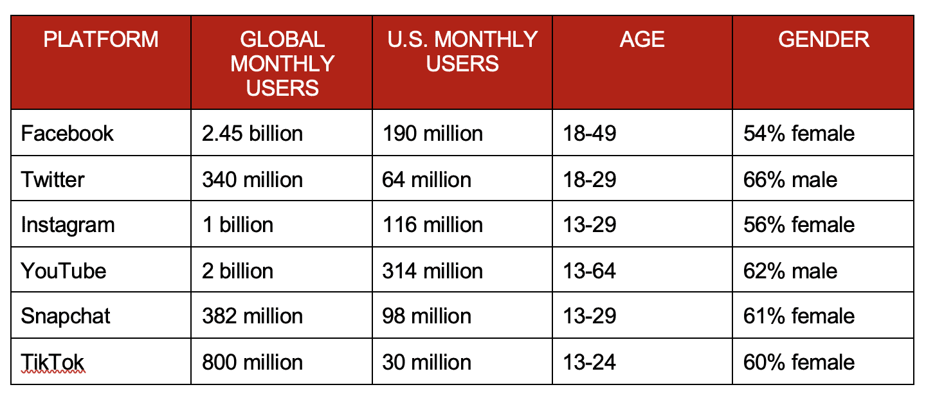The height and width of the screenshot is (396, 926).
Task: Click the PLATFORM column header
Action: [x=100, y=40]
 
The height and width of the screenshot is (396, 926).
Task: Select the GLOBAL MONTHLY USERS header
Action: [x=282, y=63]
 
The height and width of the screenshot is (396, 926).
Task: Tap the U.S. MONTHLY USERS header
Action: [x=462, y=51]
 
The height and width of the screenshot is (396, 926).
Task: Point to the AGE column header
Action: [x=642, y=40]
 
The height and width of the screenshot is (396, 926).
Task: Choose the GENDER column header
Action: [x=823, y=40]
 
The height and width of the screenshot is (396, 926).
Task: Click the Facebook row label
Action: [x=67, y=133]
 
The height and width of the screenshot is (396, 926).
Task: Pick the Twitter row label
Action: [x=53, y=179]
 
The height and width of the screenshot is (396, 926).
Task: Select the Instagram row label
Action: [x=68, y=225]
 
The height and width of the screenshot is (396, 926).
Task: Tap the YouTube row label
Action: [x=64, y=271]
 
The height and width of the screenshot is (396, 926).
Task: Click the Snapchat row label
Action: [x=66, y=316]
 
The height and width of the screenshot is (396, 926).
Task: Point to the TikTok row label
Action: [x=53, y=362]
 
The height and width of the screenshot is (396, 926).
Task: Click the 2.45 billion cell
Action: [x=252, y=133]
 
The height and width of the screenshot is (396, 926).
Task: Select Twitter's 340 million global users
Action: [x=252, y=179]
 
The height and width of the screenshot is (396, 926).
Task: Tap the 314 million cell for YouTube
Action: [x=432, y=271]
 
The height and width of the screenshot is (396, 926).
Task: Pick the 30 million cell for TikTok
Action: [x=426, y=362]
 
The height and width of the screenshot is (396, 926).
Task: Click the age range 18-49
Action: [x=589, y=133]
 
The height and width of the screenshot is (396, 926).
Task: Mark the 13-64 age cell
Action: [x=589, y=271]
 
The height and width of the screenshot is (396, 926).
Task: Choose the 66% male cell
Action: [x=790, y=179]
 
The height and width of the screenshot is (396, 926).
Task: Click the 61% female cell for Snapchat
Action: [x=799, y=316]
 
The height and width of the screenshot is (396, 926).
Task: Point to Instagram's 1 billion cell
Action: [x=237, y=225]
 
